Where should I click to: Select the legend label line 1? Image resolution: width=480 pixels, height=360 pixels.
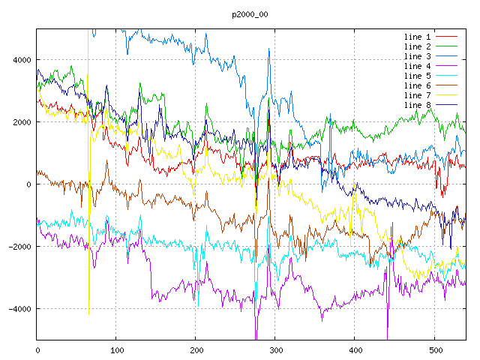pos(418,37)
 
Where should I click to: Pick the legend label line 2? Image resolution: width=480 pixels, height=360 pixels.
pos(418,46)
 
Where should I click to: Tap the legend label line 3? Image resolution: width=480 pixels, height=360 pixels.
pos(418,56)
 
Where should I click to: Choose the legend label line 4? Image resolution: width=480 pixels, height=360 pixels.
pos(418,66)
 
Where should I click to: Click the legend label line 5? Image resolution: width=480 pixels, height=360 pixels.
pos(418,76)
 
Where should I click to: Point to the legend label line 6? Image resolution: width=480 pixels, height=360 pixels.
pos(418,85)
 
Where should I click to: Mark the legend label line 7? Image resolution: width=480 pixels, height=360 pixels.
pos(418,95)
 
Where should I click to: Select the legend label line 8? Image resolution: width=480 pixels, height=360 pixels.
pos(418,105)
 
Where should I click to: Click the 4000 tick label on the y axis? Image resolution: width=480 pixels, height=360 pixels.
pos(20,60)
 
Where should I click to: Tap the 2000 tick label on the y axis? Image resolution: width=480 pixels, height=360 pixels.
pos(20,122)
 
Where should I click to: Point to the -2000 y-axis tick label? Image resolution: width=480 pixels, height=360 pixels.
pos(18,247)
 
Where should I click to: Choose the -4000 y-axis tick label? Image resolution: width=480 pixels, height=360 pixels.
pos(18,309)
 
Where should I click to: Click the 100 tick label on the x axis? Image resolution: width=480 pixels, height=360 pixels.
pos(116,349)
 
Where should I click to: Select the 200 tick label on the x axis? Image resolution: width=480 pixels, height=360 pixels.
pos(196,349)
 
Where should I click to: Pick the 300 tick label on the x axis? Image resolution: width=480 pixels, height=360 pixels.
pos(275,349)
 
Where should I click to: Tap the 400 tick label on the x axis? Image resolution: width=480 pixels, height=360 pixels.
pos(355,349)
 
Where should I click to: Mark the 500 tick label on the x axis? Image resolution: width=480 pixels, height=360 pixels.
pos(434,349)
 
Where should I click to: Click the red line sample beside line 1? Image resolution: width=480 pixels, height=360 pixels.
pos(447,37)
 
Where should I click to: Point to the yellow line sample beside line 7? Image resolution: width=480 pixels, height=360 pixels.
pos(447,95)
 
